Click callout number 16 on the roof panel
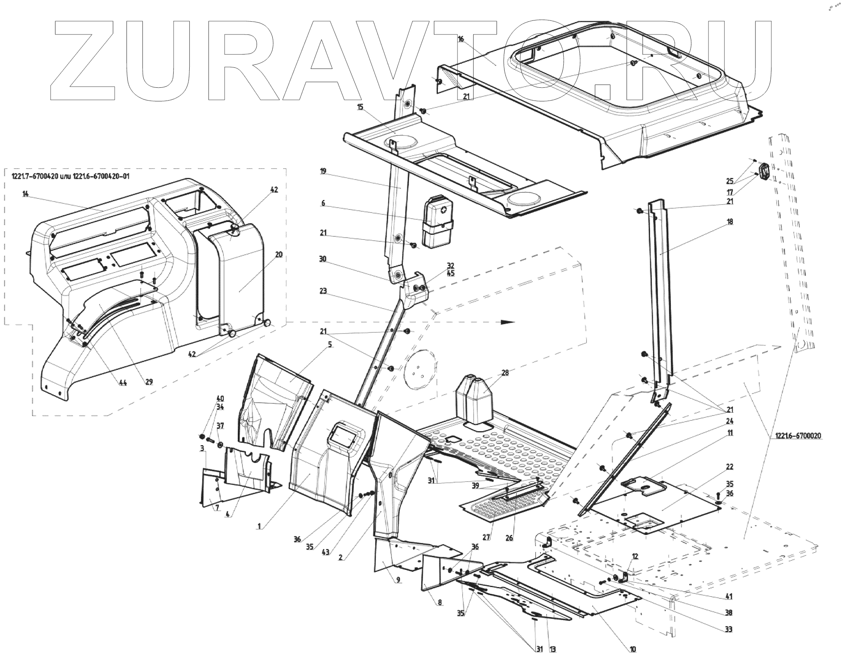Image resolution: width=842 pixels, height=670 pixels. tap(461, 39)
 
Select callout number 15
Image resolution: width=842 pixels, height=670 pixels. tap(360, 107)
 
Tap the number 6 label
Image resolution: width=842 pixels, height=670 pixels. tap(323, 203)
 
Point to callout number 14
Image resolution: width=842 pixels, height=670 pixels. tap(26, 194)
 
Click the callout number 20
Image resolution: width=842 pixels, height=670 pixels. tap(279, 254)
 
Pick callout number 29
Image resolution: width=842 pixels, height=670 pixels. tap(149, 382)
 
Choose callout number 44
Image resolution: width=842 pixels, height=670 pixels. tap(123, 383)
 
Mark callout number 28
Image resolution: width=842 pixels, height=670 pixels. tap(505, 373)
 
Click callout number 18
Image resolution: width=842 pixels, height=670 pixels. tap(730, 222)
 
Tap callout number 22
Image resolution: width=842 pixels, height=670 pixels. tap(730, 467)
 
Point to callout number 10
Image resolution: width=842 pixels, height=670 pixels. tap(633, 661)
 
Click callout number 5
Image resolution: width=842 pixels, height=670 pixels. tap(330, 344)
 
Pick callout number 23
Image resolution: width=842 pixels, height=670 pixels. tap(324, 291)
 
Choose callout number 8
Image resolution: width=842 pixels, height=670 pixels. tap(440, 613)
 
